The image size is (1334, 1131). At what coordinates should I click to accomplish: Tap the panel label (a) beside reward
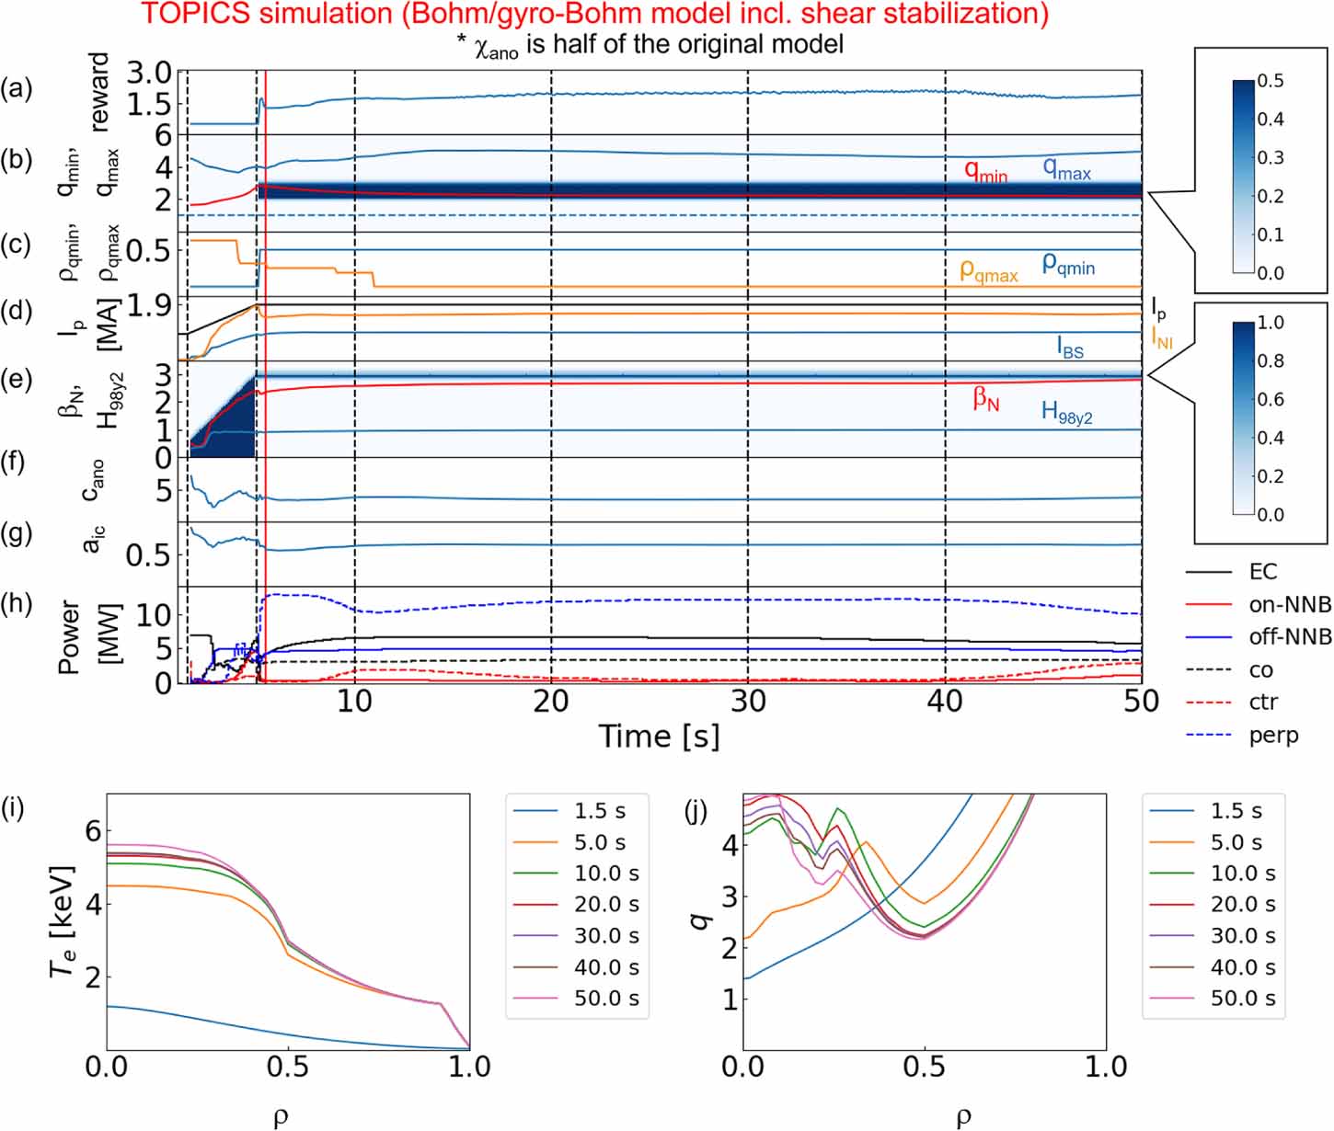click(x=16, y=89)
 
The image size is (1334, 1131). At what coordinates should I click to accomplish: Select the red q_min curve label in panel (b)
click(x=985, y=172)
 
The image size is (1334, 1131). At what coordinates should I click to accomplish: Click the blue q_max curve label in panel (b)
click(x=1066, y=169)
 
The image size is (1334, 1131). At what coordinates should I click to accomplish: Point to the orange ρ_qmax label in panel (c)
click(x=988, y=271)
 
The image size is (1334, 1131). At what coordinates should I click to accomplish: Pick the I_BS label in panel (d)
click(x=1070, y=348)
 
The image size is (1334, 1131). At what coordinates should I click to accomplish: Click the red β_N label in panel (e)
click(x=986, y=399)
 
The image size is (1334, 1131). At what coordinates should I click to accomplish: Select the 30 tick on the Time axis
click(x=748, y=702)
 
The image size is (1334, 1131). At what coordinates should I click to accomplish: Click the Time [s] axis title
click(x=659, y=737)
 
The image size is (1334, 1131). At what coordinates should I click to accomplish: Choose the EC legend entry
click(x=1262, y=572)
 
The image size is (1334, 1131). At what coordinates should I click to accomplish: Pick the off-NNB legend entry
click(x=1289, y=637)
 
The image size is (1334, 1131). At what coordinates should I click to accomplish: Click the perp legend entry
click(x=1273, y=736)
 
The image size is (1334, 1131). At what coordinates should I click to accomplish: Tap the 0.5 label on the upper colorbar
click(x=1271, y=81)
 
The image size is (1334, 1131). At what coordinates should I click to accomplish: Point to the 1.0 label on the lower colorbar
click(x=1271, y=323)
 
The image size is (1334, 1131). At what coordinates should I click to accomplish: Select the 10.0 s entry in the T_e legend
click(x=606, y=874)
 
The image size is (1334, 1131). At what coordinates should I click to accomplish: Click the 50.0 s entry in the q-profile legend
click(x=1242, y=999)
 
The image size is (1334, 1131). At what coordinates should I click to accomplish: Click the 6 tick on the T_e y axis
click(x=92, y=831)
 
